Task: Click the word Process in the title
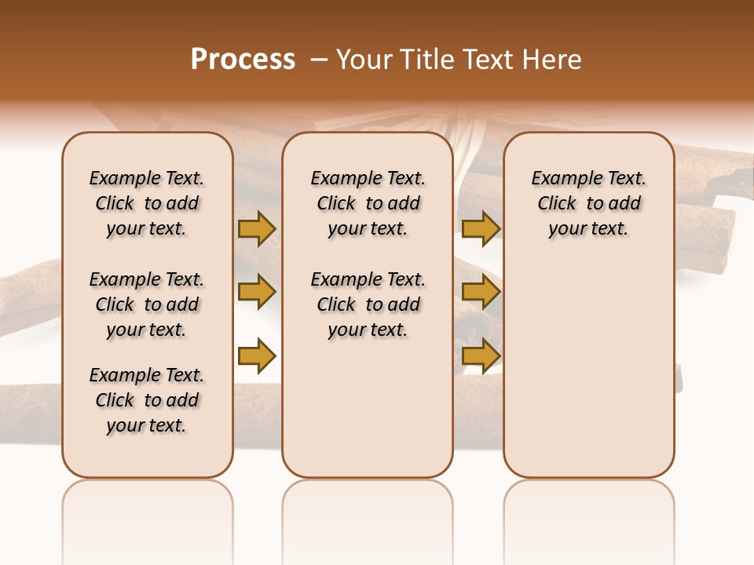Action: point(243,60)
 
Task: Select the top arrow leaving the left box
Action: point(256,228)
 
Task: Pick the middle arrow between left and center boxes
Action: point(256,292)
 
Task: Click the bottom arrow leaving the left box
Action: point(256,355)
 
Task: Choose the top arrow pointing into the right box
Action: point(481,228)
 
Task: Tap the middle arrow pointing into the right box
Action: point(481,292)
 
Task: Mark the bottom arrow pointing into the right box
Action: point(481,355)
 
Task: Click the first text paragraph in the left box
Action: point(147,203)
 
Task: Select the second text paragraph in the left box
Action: point(147,304)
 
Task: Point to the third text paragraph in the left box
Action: point(147,400)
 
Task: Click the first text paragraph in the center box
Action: point(368,203)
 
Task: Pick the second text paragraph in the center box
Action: point(368,304)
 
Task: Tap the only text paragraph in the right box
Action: point(588,203)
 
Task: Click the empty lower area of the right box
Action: point(588,369)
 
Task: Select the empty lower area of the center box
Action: point(368,408)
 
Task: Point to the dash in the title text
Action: point(320,60)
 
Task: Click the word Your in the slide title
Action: point(364,60)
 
